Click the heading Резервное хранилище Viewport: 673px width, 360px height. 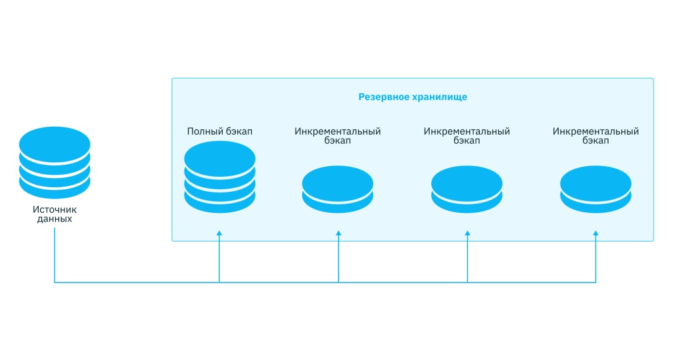coord(413,97)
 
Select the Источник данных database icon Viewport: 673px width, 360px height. coord(55,162)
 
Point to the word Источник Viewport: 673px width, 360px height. coord(55,210)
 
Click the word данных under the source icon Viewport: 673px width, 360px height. coord(55,219)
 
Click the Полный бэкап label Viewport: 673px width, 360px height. coord(220,131)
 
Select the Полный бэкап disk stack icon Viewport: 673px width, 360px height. coord(220,177)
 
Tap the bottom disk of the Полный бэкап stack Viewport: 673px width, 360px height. coord(220,200)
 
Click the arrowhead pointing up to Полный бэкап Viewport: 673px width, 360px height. coord(220,233)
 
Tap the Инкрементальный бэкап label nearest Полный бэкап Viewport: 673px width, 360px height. coord(338,136)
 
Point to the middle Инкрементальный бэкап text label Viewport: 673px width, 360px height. coord(467,136)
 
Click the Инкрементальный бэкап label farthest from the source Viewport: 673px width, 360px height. coord(595,136)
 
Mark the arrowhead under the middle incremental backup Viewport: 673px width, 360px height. coord(467,233)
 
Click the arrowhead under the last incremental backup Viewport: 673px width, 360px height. coord(596,233)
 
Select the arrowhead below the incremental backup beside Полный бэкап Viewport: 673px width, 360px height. coord(338,233)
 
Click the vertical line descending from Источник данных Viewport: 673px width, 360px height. coord(55,256)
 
